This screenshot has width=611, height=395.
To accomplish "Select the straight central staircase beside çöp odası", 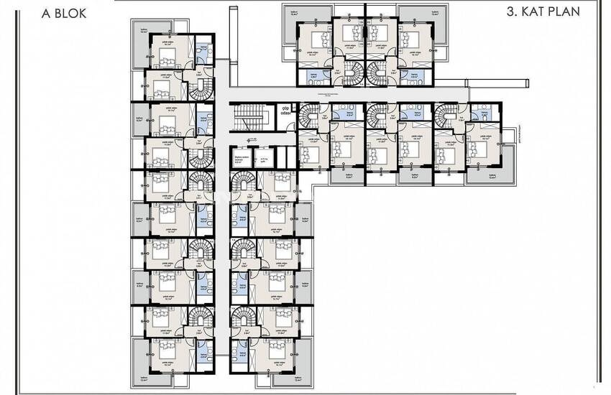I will pos(252,116).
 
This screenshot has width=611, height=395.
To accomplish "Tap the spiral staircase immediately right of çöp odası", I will pos(308,115).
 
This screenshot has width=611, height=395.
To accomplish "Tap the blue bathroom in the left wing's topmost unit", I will pos(203,52).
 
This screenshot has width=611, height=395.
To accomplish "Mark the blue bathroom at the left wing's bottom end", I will pos(203,352).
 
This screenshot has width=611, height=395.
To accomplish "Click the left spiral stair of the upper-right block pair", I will pos(354,73).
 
